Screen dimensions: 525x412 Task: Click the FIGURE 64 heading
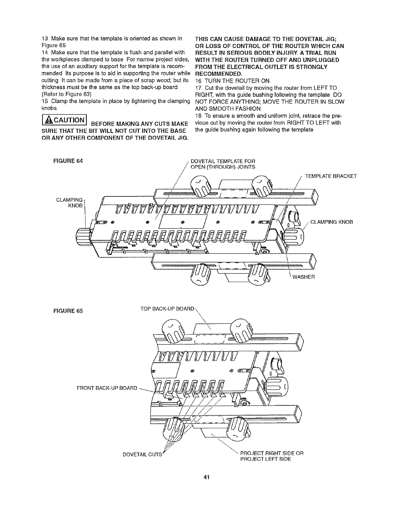click(x=68, y=161)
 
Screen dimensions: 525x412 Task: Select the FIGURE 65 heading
click(x=68, y=311)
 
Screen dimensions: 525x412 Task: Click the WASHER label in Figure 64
click(x=303, y=277)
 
